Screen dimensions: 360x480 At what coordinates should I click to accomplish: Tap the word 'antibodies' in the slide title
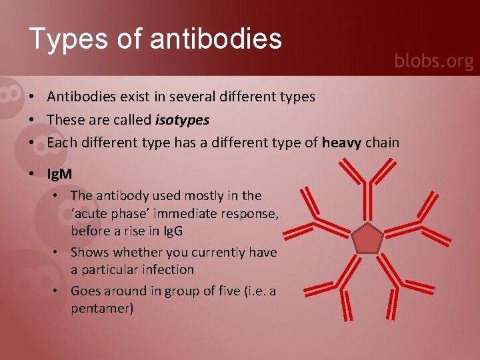click(x=216, y=39)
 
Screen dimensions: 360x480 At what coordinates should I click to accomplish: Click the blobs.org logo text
click(x=433, y=61)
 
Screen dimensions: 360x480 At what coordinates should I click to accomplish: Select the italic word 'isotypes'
click(x=182, y=120)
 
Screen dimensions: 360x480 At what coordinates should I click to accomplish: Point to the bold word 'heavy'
click(x=341, y=142)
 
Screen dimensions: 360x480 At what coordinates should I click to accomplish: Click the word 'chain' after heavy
click(x=382, y=142)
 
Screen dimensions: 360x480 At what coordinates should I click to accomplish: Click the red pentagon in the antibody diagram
click(x=367, y=239)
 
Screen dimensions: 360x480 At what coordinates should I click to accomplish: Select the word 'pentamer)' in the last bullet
click(x=102, y=309)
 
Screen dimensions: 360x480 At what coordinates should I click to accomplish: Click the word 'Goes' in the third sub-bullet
click(x=85, y=291)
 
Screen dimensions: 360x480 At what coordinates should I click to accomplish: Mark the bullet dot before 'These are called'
click(x=32, y=120)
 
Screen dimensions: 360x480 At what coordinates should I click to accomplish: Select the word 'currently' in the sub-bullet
click(x=218, y=252)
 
